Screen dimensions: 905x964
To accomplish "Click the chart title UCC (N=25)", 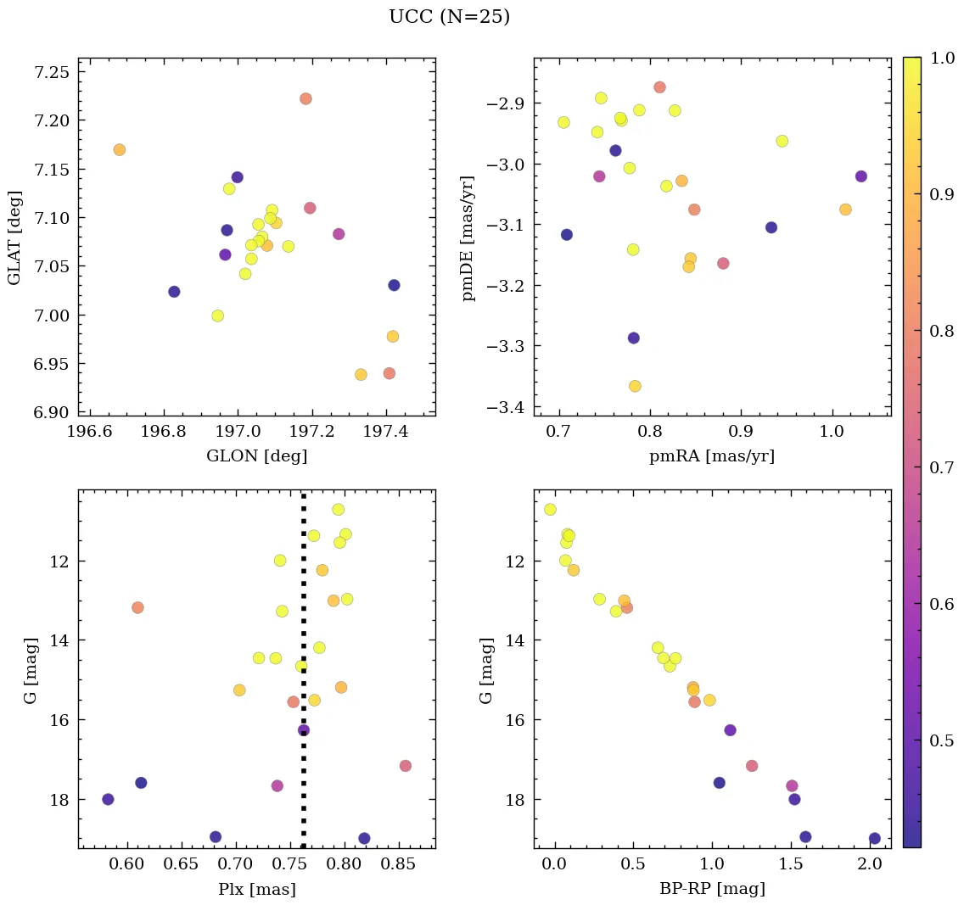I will click(449, 17).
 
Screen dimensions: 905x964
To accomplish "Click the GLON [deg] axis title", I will click(257, 455).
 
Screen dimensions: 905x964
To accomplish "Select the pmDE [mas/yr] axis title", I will click(468, 237).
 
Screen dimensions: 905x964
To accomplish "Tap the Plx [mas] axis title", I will click(257, 889).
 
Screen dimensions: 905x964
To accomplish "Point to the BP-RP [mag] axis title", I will click(712, 889).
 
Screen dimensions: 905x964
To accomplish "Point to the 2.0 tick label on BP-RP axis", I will click(869, 865).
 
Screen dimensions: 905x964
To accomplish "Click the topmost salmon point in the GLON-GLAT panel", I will click(305, 98).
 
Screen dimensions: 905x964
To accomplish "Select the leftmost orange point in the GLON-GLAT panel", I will click(120, 150).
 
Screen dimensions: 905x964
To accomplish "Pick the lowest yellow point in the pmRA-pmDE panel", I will click(635, 386).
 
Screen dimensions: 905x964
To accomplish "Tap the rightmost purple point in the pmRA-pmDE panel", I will click(861, 176).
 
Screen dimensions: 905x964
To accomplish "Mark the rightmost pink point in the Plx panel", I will click(405, 766).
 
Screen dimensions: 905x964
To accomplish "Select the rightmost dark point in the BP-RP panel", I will click(874, 839).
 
